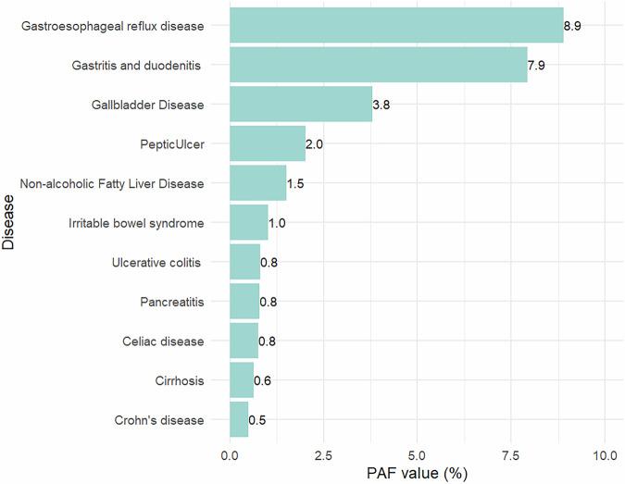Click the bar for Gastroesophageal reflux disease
tap(396, 25)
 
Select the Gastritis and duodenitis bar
tap(378, 65)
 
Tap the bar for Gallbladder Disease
tap(301, 105)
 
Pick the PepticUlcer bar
tap(268, 144)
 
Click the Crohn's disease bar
tap(239, 420)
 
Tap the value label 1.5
tap(295, 183)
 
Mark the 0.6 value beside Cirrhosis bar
tap(262, 380)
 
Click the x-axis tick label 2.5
tap(323, 455)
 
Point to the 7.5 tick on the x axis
tap(510, 455)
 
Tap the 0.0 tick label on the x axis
tap(230, 455)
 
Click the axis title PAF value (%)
tap(417, 474)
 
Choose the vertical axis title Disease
tap(9, 222)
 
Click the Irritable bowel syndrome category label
tap(136, 223)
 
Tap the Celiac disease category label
tap(163, 341)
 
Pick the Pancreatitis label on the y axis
tap(167, 302)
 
